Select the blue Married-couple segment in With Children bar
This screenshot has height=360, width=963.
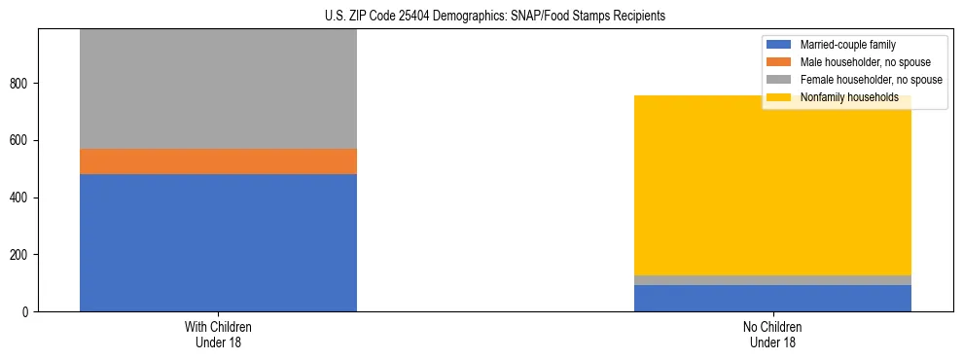(218, 242)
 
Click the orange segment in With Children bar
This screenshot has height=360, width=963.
(218, 162)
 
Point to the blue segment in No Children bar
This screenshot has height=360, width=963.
(772, 298)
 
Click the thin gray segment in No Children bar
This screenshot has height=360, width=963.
(772, 280)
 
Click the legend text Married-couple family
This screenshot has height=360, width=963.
(847, 45)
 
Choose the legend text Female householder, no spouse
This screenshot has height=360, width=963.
(870, 80)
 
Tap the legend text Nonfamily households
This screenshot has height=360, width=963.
(848, 97)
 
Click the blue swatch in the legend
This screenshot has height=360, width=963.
(779, 45)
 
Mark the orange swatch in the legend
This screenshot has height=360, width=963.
(779, 62)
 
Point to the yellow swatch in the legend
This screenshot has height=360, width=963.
(779, 97)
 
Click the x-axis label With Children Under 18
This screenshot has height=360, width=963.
(218, 334)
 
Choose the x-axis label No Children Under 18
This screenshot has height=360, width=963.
(772, 334)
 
